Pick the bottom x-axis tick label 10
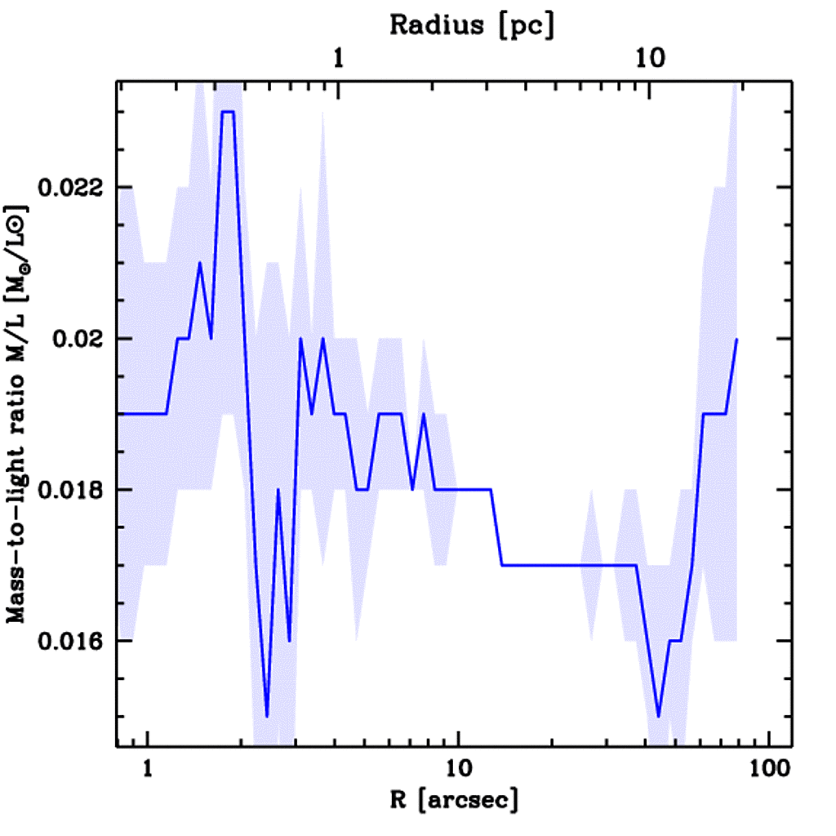pyautogui.click(x=459, y=769)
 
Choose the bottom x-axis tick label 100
pyautogui.click(x=770, y=769)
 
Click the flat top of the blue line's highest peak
pyautogui.click(x=228, y=112)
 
